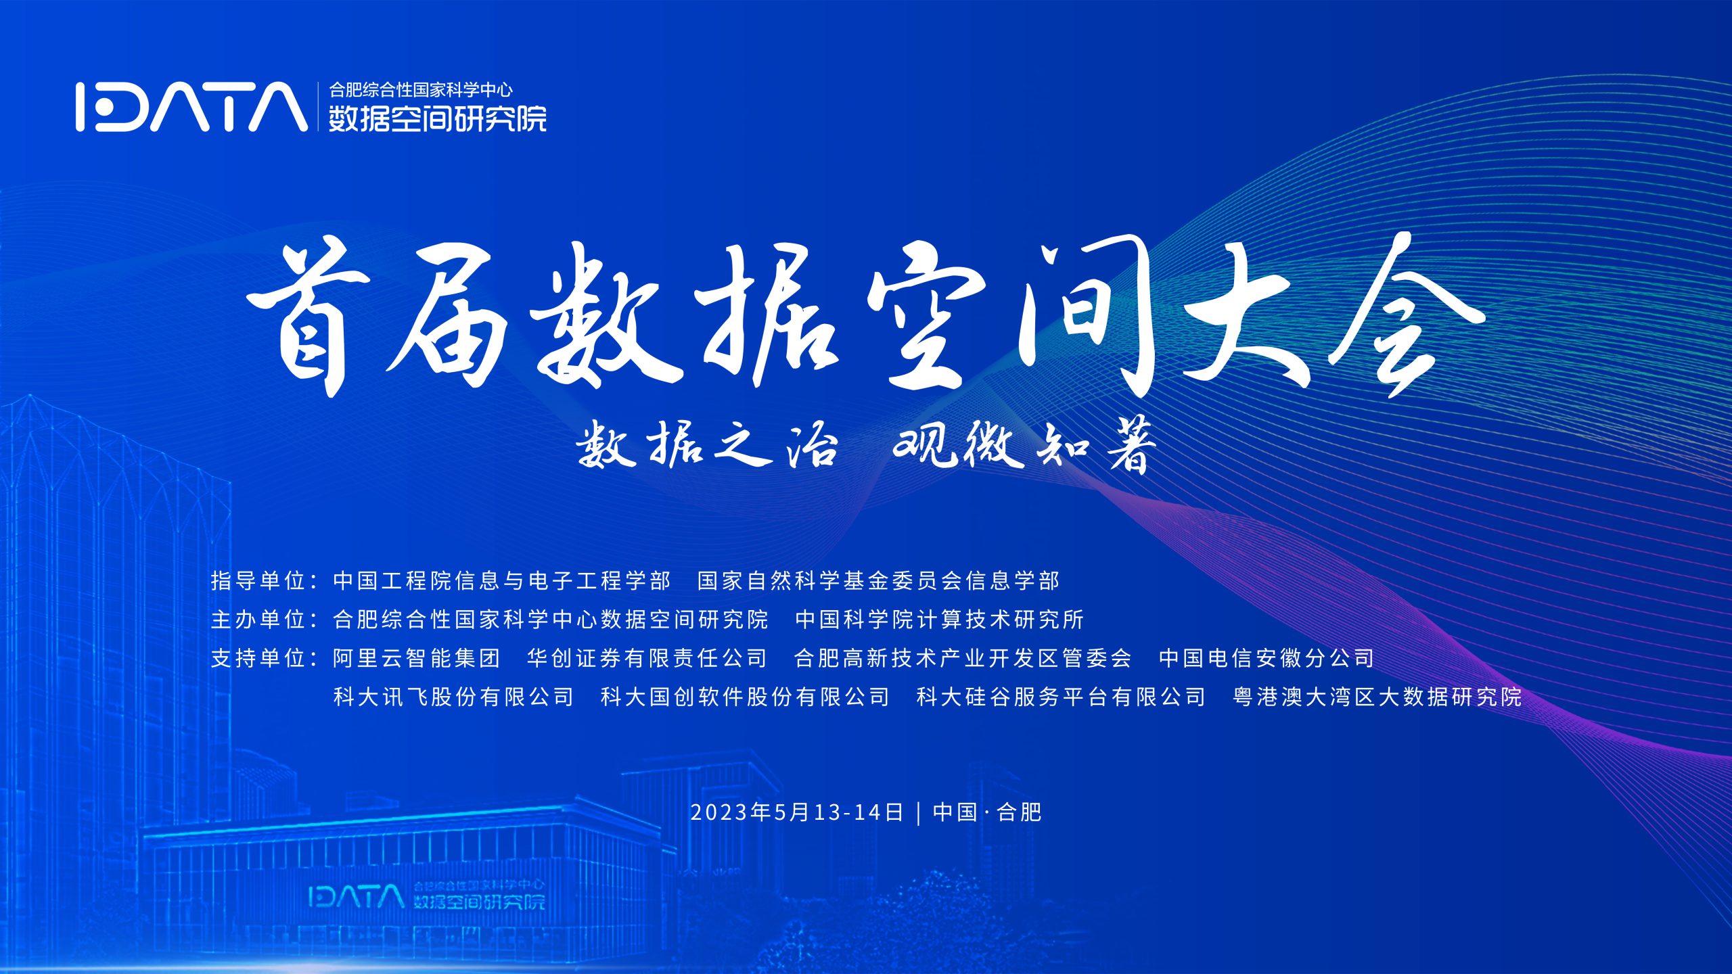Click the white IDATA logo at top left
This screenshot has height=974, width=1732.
[191, 106]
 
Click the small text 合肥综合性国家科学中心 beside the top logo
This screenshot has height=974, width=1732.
[421, 89]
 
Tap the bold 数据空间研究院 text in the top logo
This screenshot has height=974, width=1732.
[438, 118]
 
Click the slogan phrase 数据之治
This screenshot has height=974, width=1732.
[706, 444]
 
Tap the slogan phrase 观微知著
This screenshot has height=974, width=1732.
[1026, 444]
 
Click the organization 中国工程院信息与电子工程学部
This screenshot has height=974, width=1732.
[501, 580]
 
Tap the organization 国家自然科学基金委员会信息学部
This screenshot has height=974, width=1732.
[878, 580]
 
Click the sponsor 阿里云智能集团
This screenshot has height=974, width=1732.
[416, 657]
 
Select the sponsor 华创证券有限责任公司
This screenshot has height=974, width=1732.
[647, 657]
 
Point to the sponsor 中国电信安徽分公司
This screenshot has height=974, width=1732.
[1267, 657]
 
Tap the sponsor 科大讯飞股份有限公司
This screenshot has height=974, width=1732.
[453, 696]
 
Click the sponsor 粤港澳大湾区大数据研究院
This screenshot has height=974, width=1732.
[1377, 696]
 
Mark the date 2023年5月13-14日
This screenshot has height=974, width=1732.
[797, 812]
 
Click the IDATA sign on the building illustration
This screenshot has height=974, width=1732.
[426, 896]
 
